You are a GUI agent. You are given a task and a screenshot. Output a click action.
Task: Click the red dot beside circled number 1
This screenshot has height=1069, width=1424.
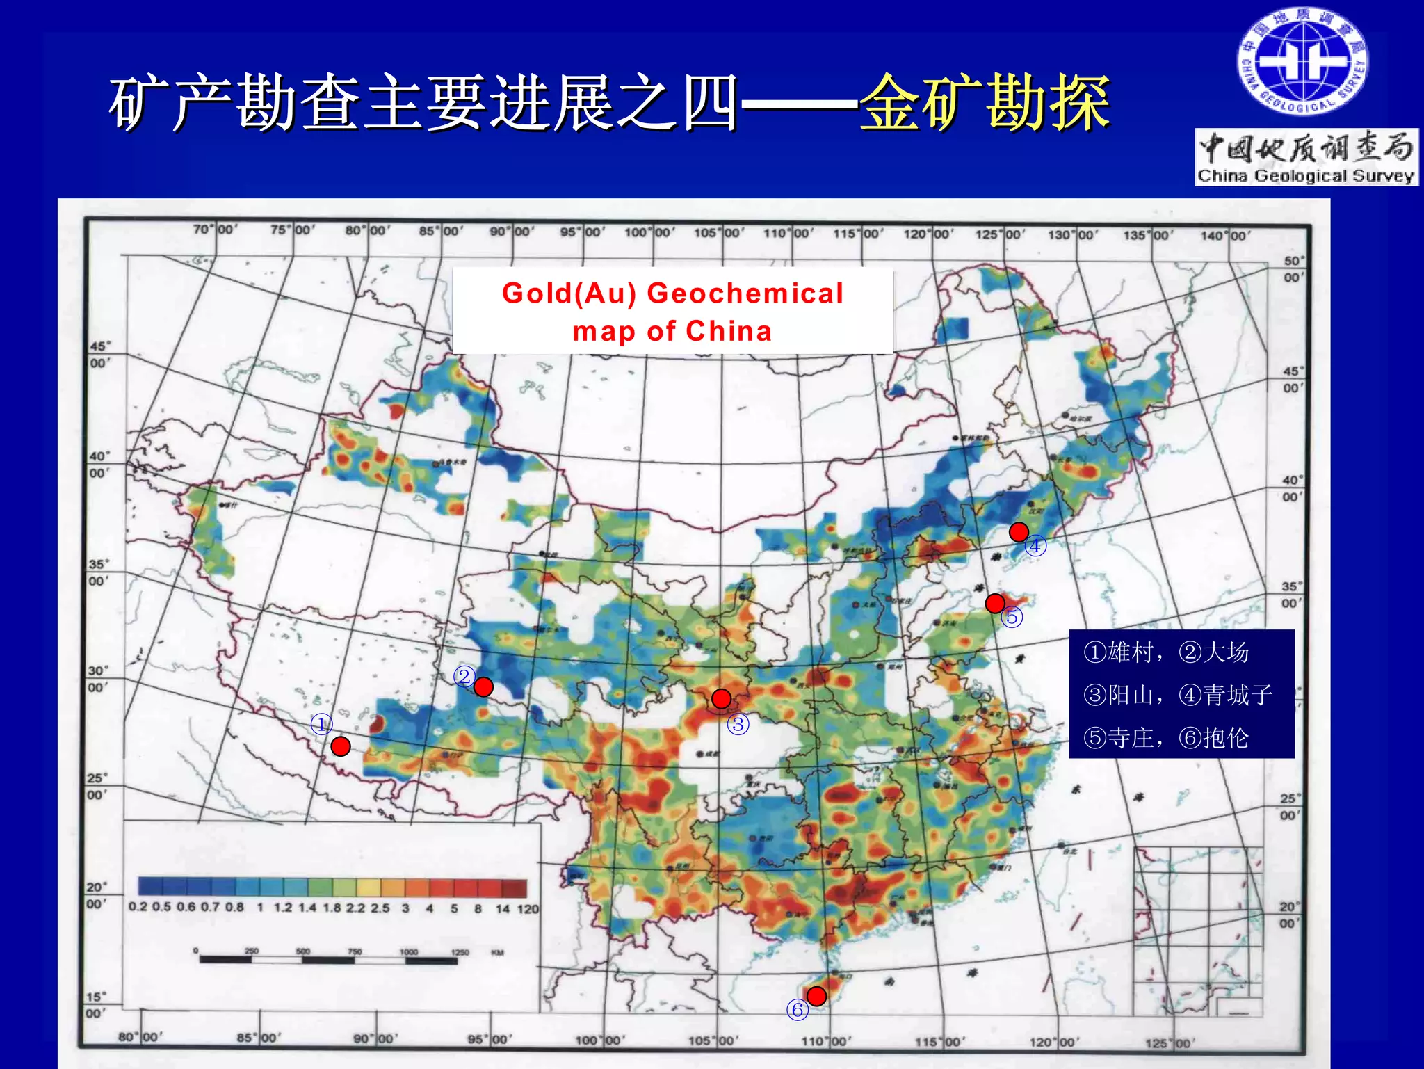[x=341, y=746]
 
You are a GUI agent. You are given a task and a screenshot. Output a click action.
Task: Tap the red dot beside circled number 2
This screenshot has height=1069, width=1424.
[x=483, y=687]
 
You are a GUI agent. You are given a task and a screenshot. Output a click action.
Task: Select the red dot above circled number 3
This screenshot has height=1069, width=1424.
[x=722, y=698]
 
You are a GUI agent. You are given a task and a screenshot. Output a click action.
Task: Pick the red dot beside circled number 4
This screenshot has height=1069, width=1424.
[x=1019, y=532]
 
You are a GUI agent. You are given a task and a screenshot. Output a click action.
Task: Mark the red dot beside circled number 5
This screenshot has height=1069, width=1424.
[x=995, y=603]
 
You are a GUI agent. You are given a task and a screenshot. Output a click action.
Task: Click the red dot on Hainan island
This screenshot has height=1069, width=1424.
[x=816, y=996]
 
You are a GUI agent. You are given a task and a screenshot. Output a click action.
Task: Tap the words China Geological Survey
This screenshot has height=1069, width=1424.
[x=1306, y=175]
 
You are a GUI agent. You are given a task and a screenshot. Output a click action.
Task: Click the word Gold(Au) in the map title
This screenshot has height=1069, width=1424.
[x=569, y=293]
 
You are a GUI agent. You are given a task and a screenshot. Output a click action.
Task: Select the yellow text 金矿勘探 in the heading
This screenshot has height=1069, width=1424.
[x=985, y=102]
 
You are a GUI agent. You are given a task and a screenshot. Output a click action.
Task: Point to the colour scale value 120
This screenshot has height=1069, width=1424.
[x=528, y=908]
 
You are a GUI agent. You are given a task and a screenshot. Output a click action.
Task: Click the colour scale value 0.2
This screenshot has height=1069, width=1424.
[x=138, y=907]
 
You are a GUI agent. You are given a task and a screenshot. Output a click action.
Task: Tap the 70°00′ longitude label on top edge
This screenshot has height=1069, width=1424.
[x=215, y=229]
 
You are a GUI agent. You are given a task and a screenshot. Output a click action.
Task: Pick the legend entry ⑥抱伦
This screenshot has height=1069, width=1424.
[x=1213, y=738]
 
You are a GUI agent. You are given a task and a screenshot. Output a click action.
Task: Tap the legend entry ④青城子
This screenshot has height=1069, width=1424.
[x=1225, y=695]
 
